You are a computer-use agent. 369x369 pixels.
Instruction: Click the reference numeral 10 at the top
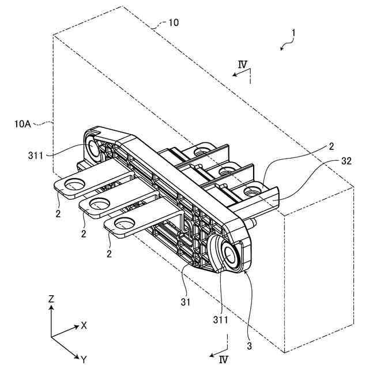point(173,23)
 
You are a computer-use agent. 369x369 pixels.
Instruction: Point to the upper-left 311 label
point(36,155)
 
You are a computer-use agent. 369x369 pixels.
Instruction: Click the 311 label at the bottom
point(220,319)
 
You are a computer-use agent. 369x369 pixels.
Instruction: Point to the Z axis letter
point(51,299)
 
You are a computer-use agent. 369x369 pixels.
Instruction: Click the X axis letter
point(84,325)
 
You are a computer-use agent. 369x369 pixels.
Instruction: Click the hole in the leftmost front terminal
point(73,184)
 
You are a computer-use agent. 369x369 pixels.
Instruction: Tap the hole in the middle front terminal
point(99,202)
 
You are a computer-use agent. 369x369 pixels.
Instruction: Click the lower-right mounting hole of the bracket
point(233,256)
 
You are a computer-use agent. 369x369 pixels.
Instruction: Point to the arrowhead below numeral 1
point(281,50)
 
